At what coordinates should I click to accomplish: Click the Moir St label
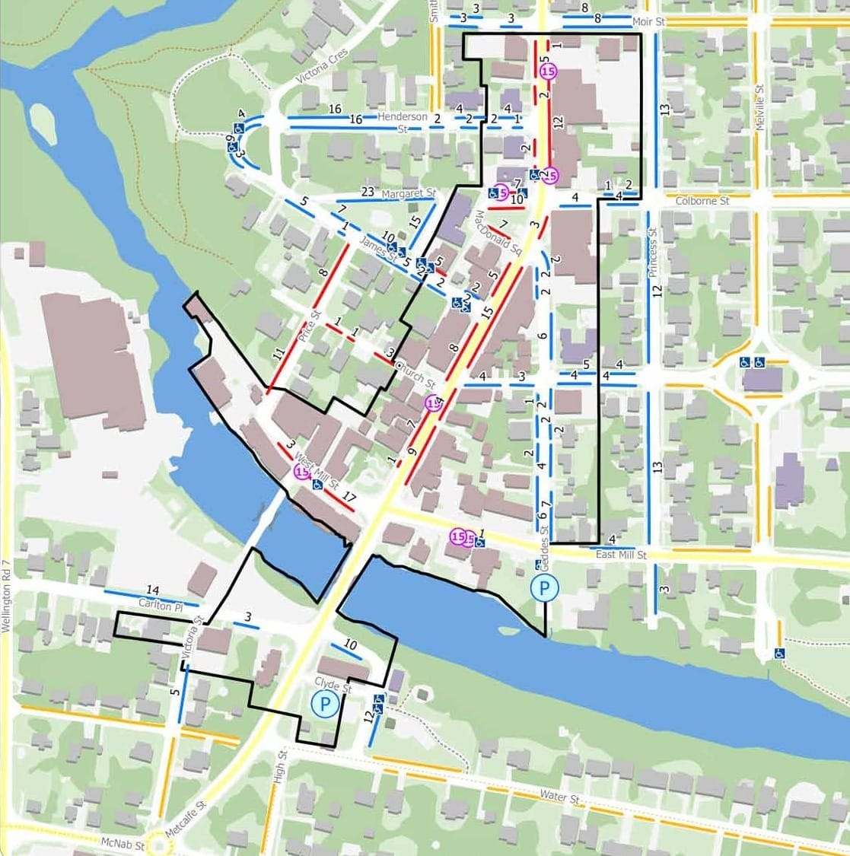point(648,22)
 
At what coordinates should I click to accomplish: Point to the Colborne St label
point(702,202)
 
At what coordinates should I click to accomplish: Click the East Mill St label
point(621,555)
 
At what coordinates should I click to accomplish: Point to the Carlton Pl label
point(161,603)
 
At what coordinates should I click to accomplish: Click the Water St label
point(560,797)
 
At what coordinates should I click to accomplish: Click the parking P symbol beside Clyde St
point(325,704)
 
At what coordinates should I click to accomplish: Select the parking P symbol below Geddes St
point(544,588)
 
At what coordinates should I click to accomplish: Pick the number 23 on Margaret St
point(368,192)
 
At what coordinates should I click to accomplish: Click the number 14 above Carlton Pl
point(152,590)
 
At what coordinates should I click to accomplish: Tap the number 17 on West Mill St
point(349,497)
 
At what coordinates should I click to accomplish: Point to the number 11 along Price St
point(279,353)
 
